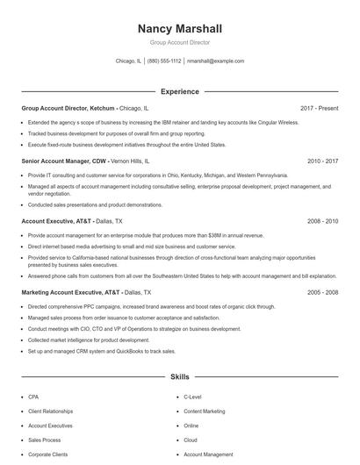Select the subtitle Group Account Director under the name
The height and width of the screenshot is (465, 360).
[x=179, y=42]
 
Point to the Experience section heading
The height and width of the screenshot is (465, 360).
[x=179, y=91]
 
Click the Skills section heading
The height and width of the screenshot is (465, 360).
[x=179, y=376]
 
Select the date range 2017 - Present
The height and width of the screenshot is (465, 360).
[x=319, y=108]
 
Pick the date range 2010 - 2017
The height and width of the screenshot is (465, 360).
[x=323, y=162]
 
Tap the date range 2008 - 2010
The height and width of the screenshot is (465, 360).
[x=323, y=222]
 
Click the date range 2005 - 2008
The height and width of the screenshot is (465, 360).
[x=323, y=292]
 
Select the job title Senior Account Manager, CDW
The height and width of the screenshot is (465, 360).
[x=64, y=162]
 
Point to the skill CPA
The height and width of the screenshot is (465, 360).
[x=33, y=397]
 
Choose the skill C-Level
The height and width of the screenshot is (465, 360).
[x=192, y=397]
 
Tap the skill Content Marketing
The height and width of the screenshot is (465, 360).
[x=205, y=411]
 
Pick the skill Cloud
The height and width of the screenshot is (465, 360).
[x=191, y=440]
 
